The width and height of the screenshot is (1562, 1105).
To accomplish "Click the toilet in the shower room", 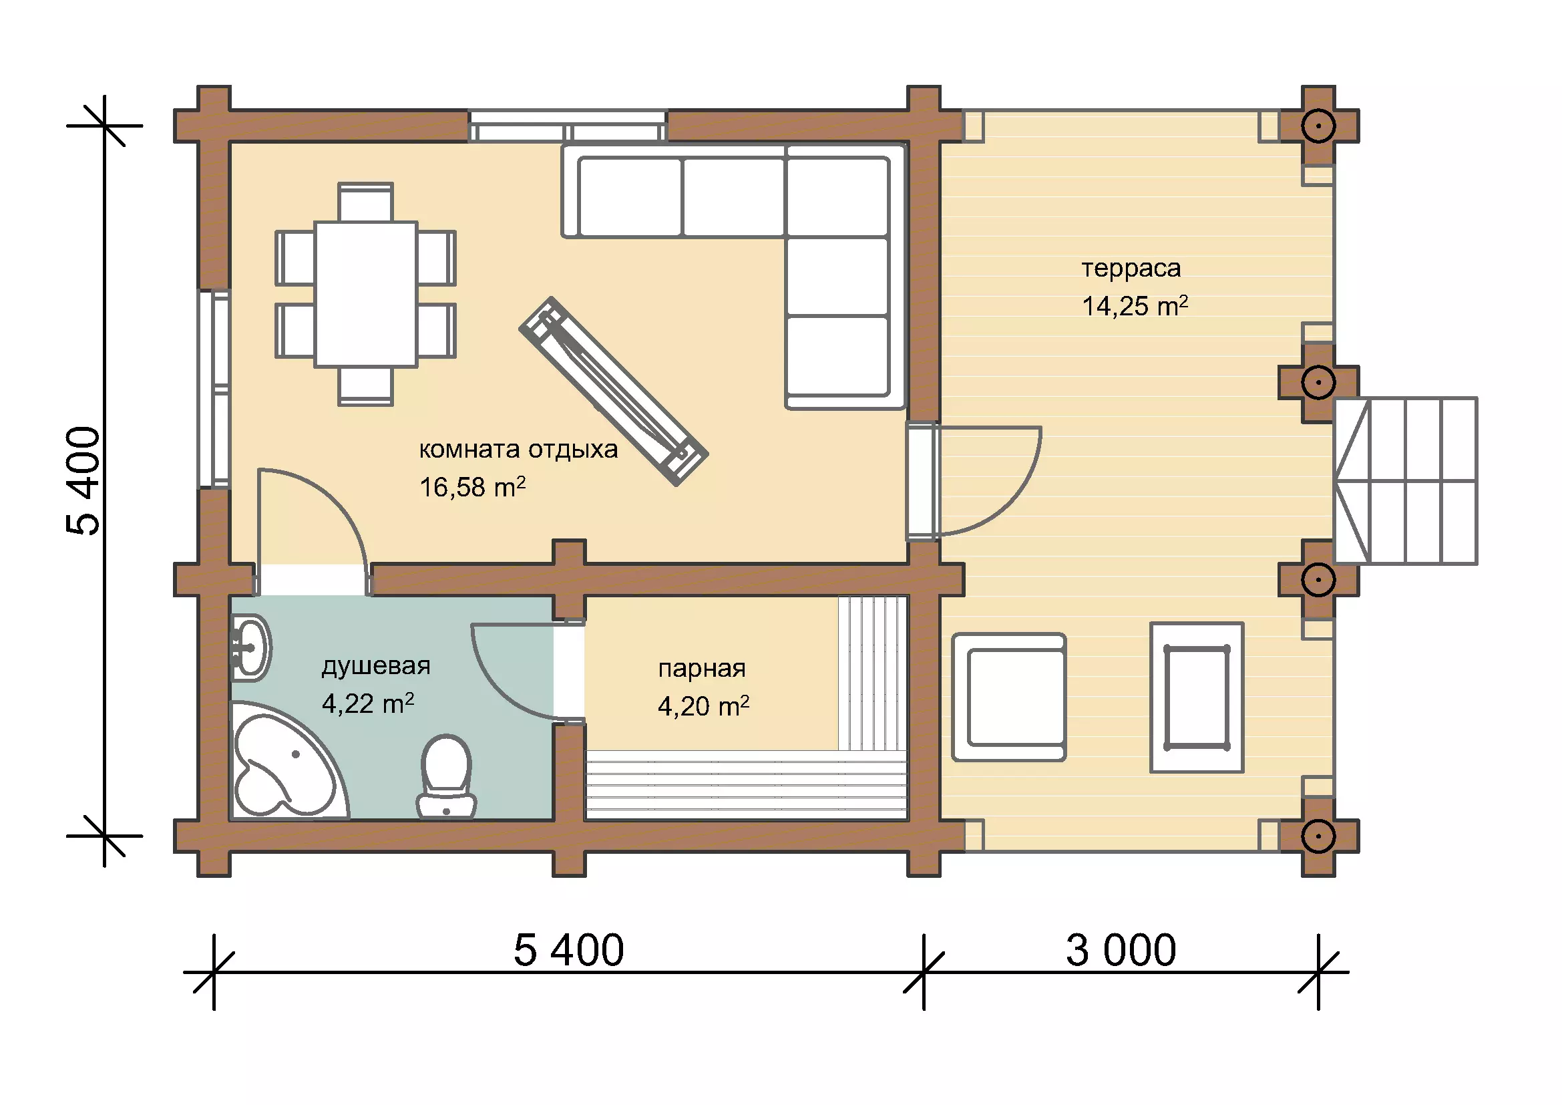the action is coord(446,776).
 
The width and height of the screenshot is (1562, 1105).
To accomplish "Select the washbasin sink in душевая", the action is coord(250,647).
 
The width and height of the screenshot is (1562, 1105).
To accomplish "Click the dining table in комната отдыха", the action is coord(365,294).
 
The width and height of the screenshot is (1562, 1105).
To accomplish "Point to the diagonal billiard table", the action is coord(614,391).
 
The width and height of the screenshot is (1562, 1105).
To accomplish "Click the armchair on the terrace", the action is coord(1009,697).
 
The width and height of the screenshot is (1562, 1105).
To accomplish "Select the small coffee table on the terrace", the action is coord(1197,697).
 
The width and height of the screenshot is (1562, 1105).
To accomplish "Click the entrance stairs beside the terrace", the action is coord(1405,481).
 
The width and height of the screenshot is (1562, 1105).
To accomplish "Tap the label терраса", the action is coord(1131,269).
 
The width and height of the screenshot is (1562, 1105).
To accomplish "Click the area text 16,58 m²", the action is coord(473,486).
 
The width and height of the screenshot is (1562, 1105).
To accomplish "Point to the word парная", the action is coord(702,669).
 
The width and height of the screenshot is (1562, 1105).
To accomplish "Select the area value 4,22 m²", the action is coord(368,703).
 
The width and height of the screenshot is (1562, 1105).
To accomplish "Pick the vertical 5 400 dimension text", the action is coord(83,480).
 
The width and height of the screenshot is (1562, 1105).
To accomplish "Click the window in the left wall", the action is coord(214,389).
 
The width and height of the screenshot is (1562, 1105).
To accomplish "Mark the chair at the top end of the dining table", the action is coord(365,201).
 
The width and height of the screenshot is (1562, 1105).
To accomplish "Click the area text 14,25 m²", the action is coord(1135,306).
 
